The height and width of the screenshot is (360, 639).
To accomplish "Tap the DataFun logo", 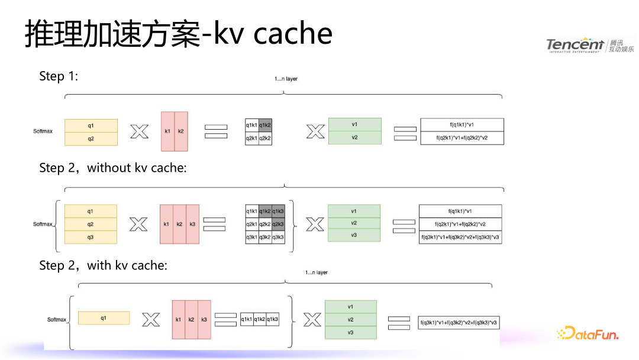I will pos(588,334).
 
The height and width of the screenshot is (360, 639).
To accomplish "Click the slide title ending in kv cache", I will pos(178,34).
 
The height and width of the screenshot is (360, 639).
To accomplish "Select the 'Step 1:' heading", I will pos(59,76).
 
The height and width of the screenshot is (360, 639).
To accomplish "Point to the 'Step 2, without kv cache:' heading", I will pos(113,168).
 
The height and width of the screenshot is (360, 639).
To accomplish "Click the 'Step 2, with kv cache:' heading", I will pos(103,266).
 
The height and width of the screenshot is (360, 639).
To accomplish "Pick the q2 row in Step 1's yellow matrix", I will pos(91,139).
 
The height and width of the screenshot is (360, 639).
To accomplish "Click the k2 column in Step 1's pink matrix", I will pos(180,131).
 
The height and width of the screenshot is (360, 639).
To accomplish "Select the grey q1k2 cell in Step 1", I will pos(265,126).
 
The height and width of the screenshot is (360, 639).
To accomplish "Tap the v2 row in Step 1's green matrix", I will pos(354,137).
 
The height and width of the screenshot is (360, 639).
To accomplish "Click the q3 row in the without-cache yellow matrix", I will pos(90,237).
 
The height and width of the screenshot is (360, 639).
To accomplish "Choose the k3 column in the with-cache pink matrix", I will pos(204,320).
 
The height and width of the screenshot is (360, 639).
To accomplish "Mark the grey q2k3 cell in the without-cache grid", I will pos(278,224).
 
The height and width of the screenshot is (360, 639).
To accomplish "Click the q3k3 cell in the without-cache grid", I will pos(278,237).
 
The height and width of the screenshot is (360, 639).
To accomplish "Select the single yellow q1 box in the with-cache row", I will pos(104,318).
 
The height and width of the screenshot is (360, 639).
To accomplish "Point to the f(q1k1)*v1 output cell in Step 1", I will pos(462,125).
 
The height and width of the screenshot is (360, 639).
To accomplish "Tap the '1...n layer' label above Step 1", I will pos(286,79).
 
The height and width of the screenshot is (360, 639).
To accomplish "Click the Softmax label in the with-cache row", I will pos(57,320).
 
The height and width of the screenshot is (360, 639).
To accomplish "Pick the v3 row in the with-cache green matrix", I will pos(351,332).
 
